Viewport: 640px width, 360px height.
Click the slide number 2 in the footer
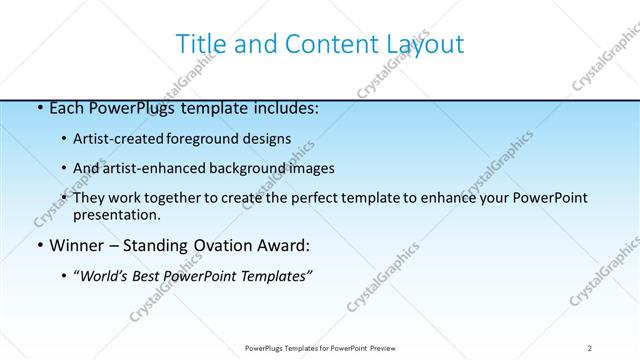(590, 347)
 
